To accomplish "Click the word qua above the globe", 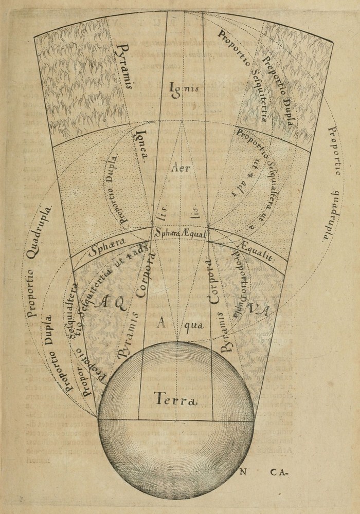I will point(194,324).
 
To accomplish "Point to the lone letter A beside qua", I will point(161,323).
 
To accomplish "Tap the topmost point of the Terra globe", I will point(176,342).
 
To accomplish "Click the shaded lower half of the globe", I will point(176,457).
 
